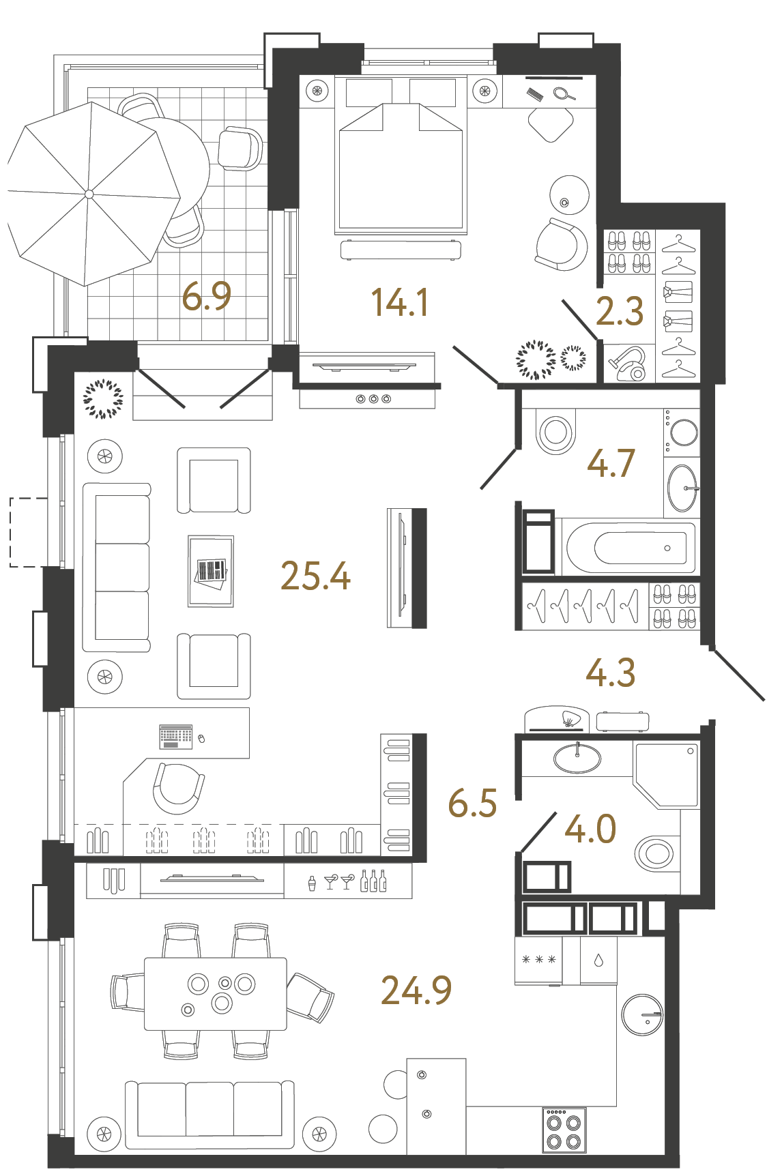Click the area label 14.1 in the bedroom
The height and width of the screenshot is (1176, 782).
click(400, 302)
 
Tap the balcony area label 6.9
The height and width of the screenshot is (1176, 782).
click(206, 297)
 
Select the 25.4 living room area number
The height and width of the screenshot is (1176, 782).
click(315, 576)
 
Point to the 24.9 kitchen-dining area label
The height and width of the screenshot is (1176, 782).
click(416, 990)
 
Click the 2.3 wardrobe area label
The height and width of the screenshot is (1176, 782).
click(619, 312)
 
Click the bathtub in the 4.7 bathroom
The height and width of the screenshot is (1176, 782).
click(631, 548)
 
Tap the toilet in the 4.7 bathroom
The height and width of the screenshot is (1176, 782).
click(555, 432)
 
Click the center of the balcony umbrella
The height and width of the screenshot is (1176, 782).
click(89, 194)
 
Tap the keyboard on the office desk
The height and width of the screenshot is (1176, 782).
click(176, 736)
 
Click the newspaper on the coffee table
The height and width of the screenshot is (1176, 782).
click(211, 571)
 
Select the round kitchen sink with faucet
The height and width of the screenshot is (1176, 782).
click(642, 1014)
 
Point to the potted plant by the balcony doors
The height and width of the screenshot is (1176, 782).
click(103, 399)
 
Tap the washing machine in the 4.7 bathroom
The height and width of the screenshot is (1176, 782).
click(682, 432)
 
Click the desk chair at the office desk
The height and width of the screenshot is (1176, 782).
click(178, 788)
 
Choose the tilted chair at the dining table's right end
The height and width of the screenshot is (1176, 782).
click(311, 997)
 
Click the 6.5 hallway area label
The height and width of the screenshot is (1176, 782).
click(472, 803)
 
